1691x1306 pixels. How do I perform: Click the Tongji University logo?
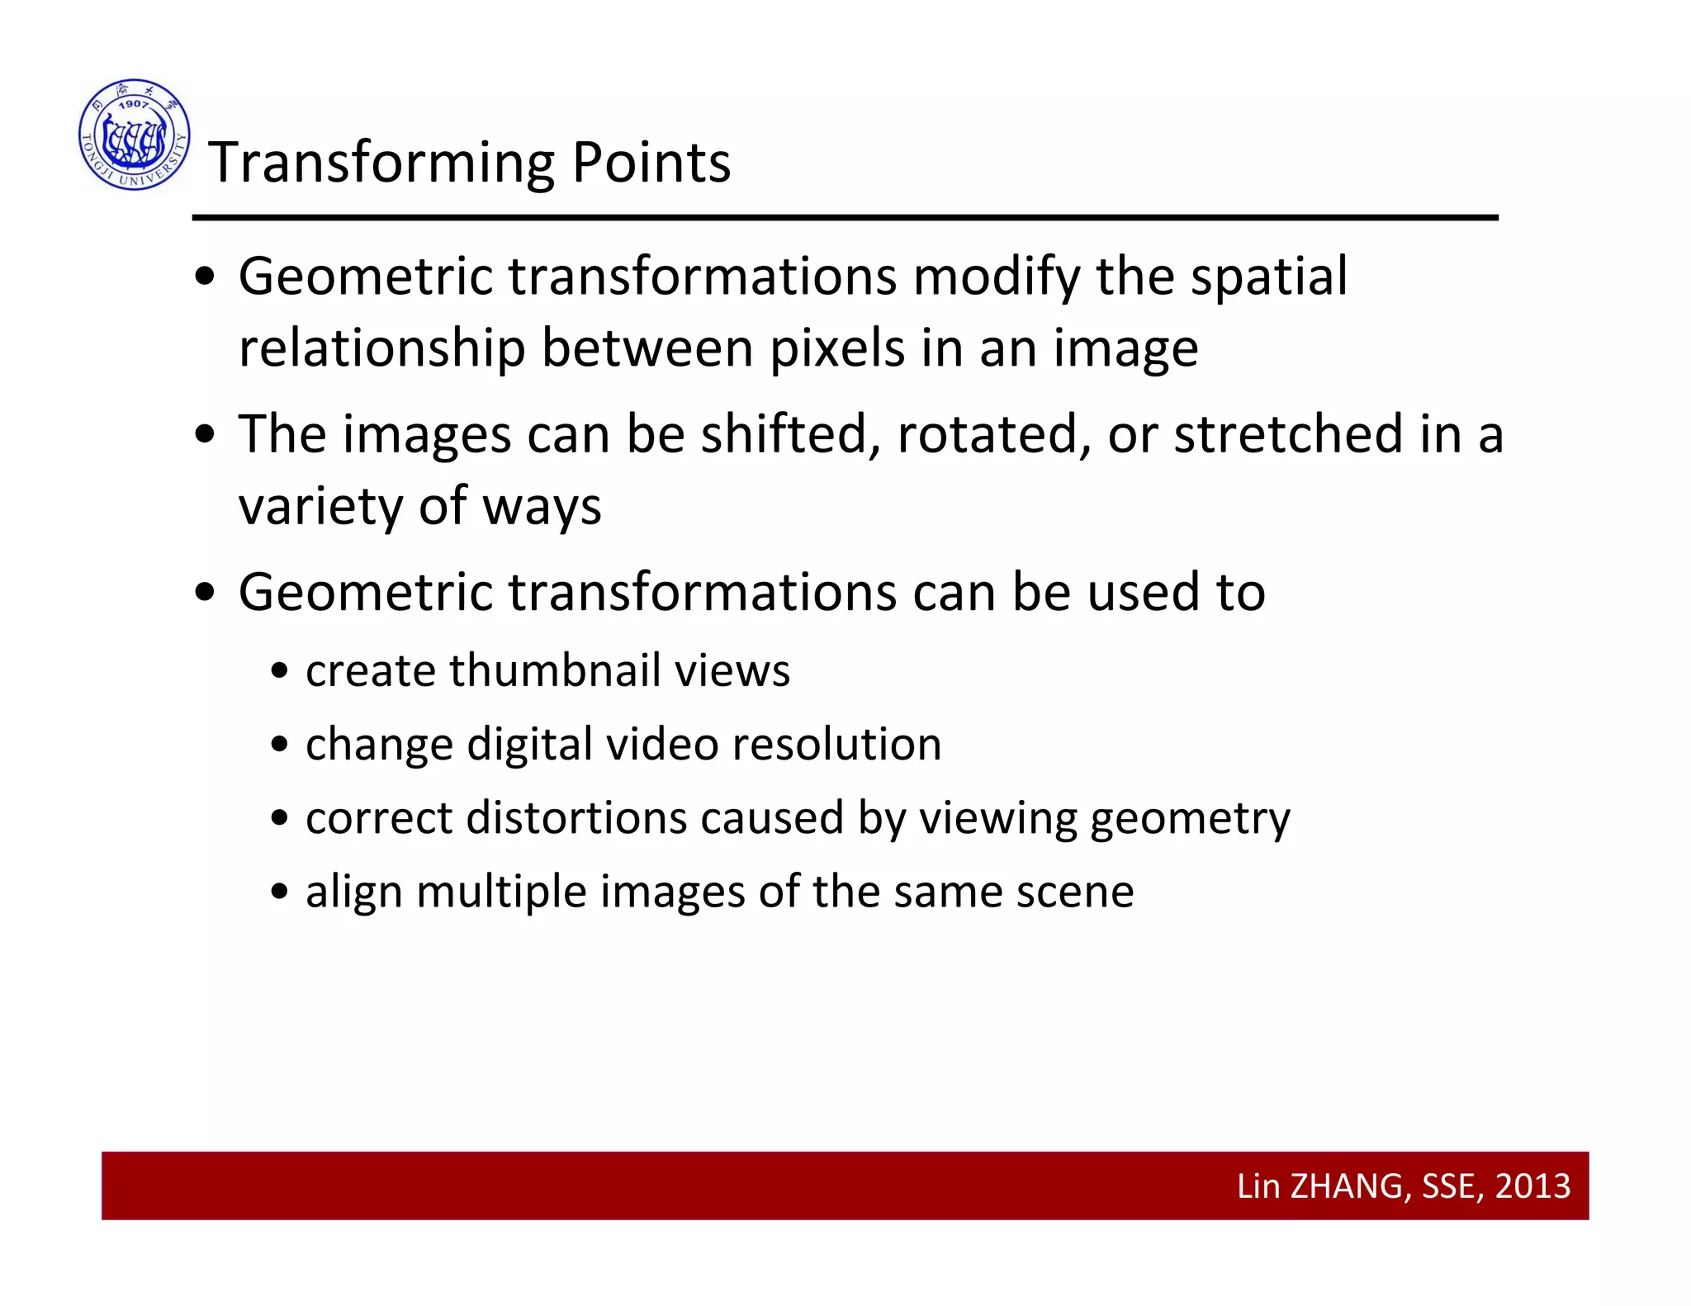click(135, 135)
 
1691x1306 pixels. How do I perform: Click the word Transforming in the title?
click(381, 163)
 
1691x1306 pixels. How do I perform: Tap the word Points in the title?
click(651, 163)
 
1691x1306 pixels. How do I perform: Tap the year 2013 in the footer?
click(1532, 1186)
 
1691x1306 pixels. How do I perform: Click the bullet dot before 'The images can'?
click(205, 436)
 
